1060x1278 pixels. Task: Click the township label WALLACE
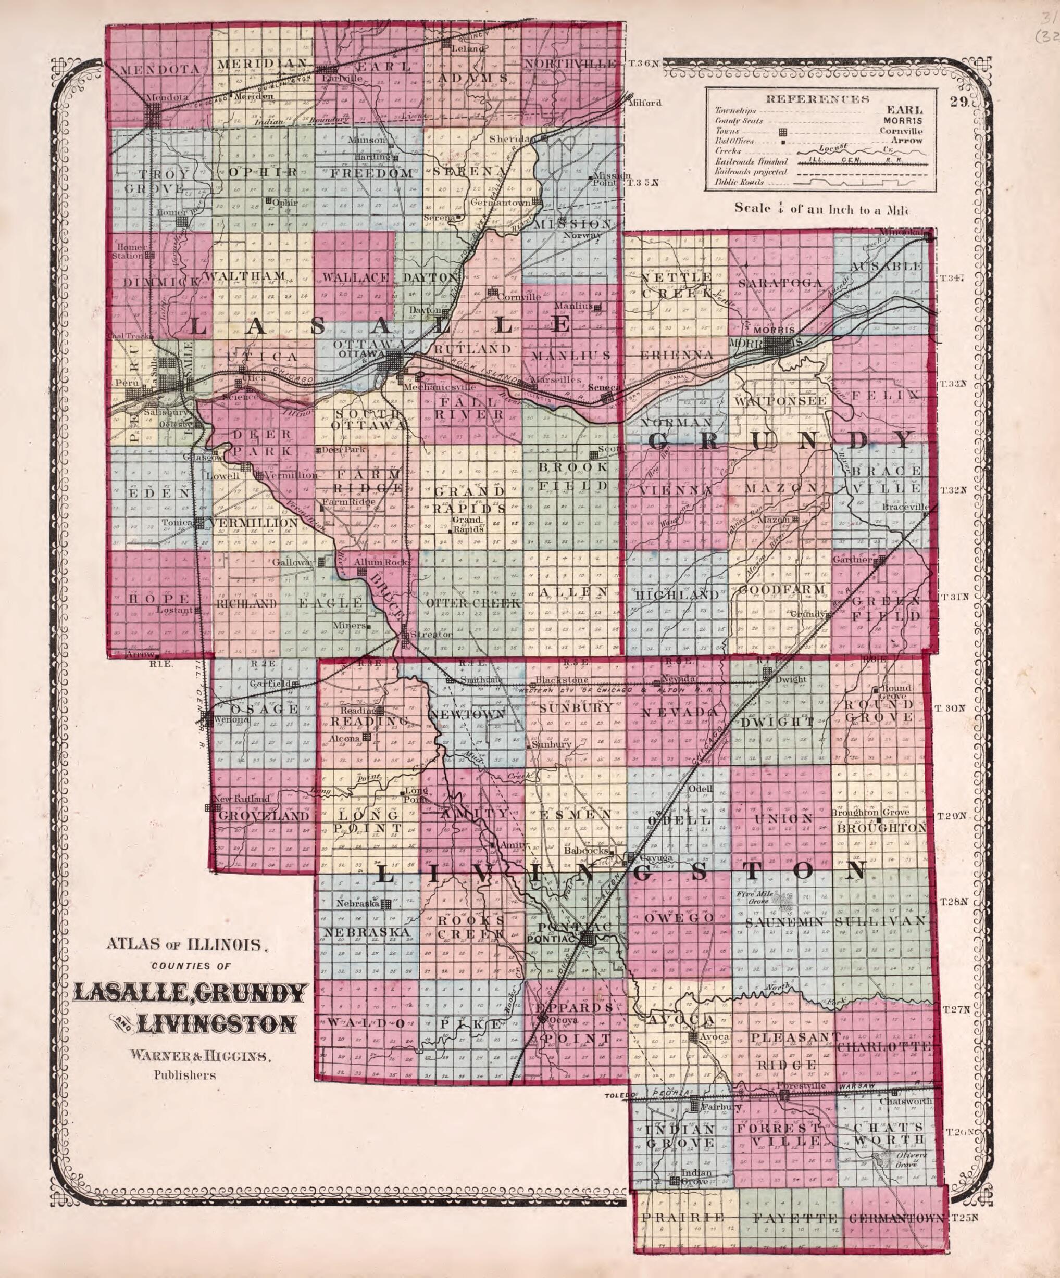coord(356,278)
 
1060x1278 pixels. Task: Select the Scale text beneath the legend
coord(819,208)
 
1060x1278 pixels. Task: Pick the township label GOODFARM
coord(781,589)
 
